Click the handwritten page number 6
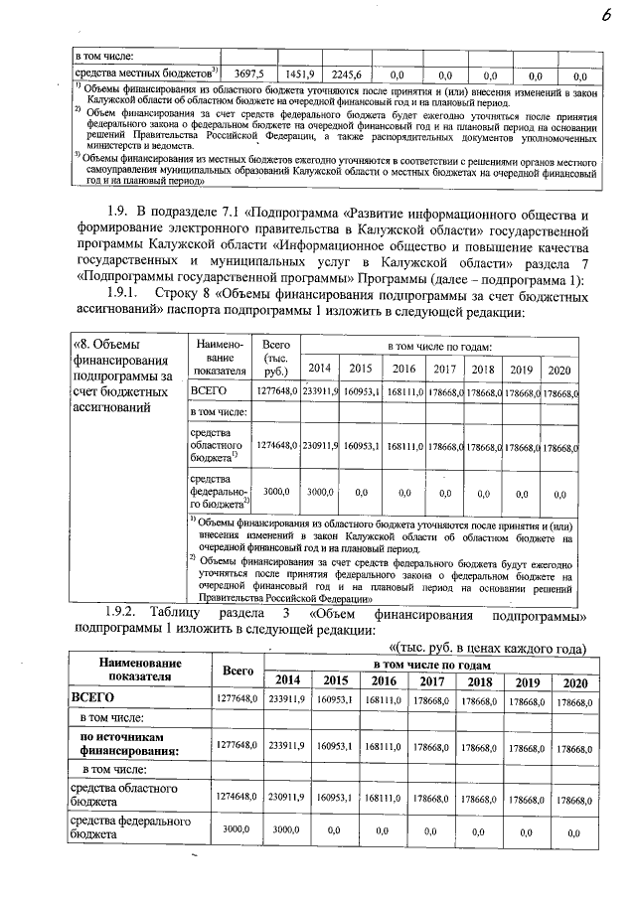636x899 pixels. point(605,13)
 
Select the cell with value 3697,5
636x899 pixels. point(247,75)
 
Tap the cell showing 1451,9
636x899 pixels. point(299,75)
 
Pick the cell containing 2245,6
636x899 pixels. point(350,75)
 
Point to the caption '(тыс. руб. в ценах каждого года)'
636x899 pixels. point(494,649)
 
